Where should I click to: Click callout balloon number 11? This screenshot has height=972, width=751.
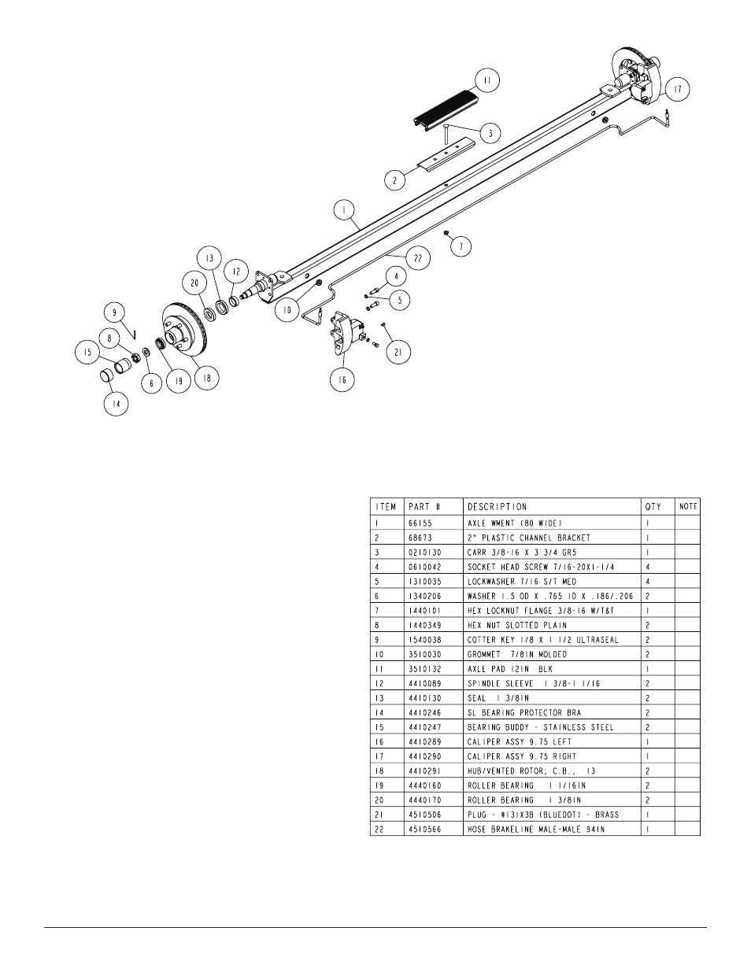487,79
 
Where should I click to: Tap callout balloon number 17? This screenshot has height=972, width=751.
677,91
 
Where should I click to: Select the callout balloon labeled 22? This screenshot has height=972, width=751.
418,258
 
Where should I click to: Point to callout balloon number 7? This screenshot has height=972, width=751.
461,246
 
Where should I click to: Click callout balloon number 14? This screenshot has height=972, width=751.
117,405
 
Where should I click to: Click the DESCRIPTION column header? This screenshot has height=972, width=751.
497,507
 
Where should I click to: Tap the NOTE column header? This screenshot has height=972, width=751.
687,507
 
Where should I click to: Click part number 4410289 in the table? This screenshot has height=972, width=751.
424,741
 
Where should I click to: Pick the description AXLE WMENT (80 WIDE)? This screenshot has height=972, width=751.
515,523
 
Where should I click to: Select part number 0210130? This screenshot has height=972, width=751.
424,552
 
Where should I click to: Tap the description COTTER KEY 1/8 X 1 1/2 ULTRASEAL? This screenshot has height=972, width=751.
542,640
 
